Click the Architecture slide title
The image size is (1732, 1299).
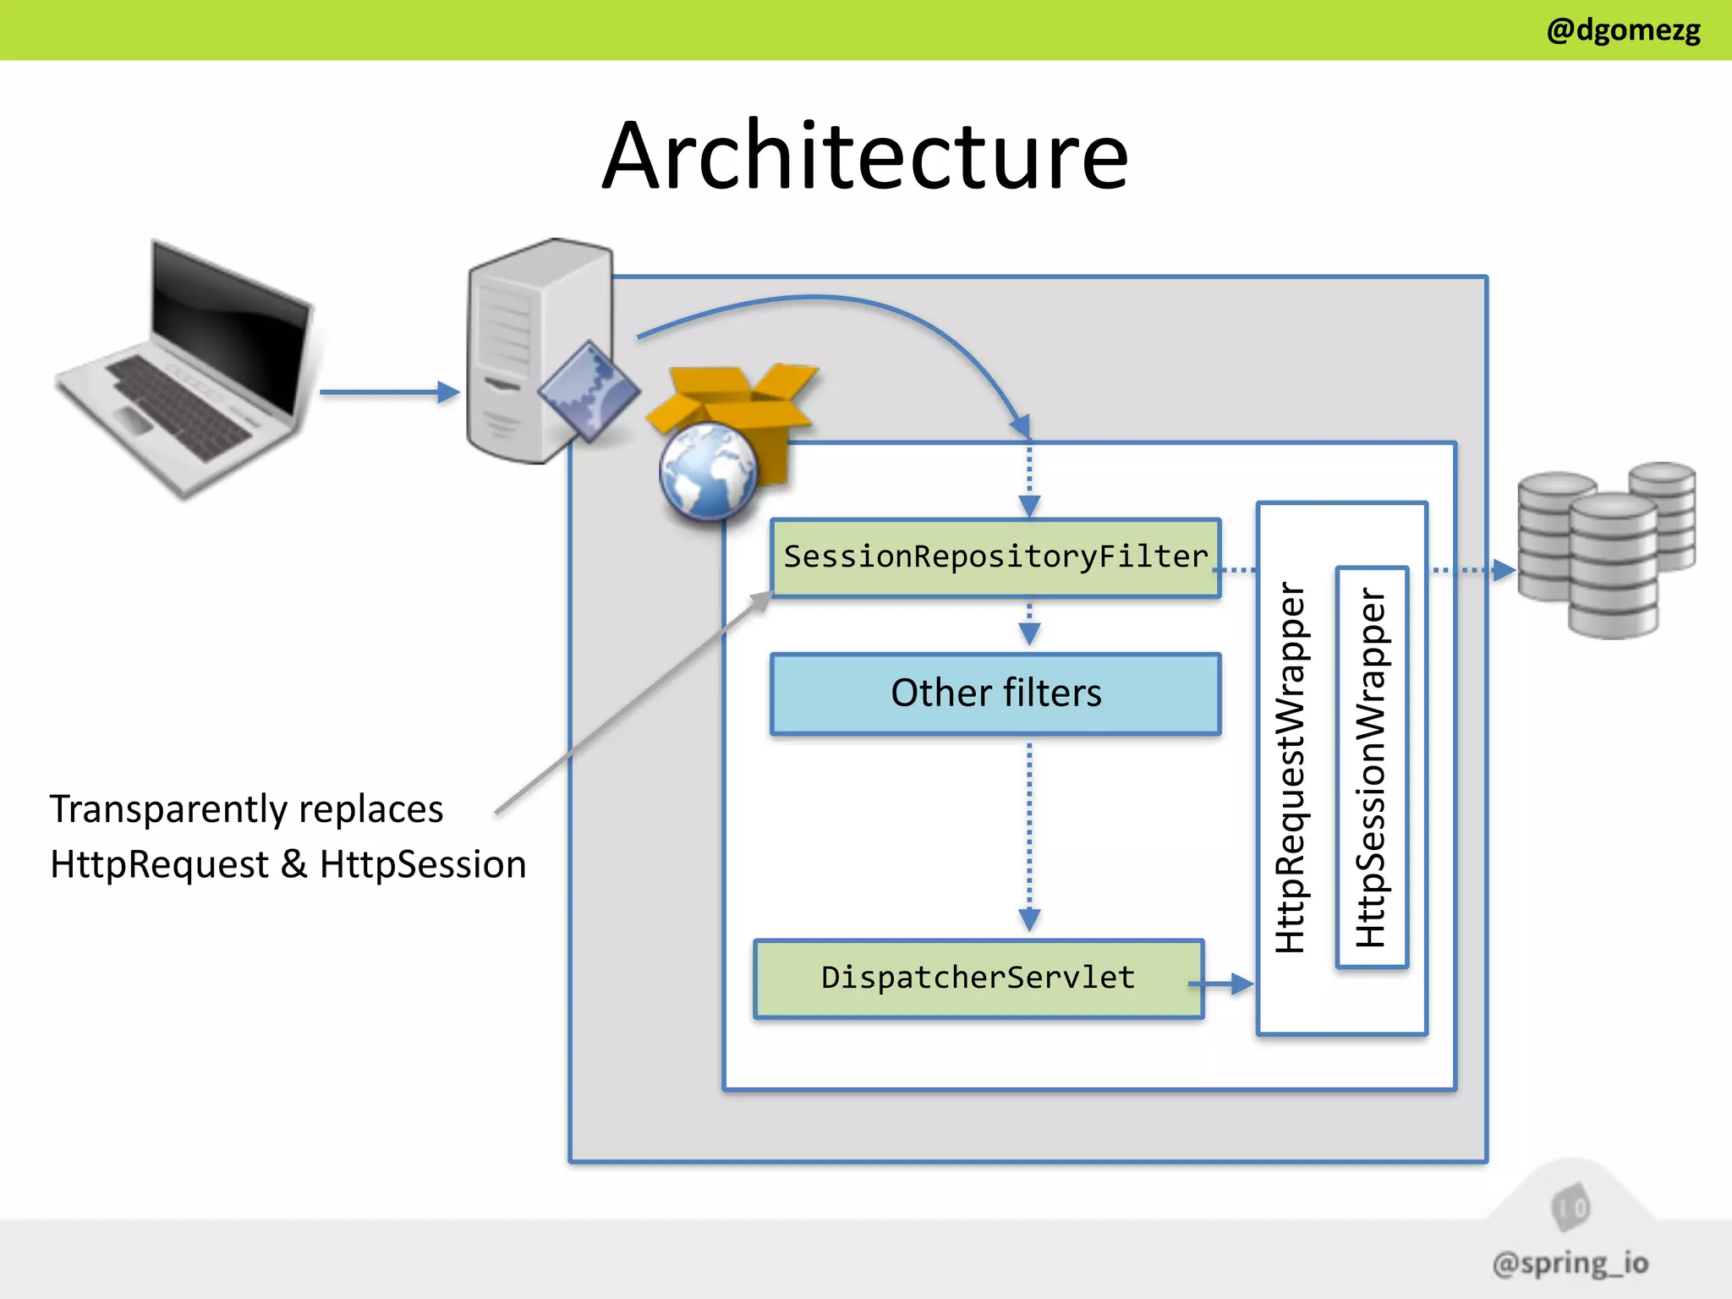click(x=865, y=156)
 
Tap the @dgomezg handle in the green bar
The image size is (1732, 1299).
click(x=1622, y=30)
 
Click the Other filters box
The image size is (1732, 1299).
click(x=995, y=693)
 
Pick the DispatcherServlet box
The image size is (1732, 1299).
click(x=978, y=978)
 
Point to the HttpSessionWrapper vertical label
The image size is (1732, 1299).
click(x=1371, y=767)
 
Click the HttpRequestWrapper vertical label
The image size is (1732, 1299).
click(x=1291, y=767)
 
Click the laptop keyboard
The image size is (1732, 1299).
click(x=178, y=406)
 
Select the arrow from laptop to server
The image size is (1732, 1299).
click(x=389, y=392)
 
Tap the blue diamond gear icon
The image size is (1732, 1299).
click(x=589, y=392)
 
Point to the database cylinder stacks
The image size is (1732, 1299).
click(x=1607, y=550)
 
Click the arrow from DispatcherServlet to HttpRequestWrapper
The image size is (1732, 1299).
click(x=1222, y=984)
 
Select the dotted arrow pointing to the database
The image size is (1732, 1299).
click(x=1472, y=571)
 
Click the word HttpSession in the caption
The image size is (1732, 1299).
click(x=423, y=865)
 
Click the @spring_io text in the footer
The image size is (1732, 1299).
click(x=1570, y=1263)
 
